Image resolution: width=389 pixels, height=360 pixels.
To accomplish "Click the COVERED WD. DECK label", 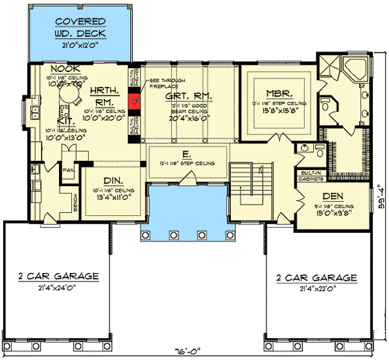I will (80, 27).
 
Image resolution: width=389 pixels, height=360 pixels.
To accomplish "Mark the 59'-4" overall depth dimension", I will (382, 201).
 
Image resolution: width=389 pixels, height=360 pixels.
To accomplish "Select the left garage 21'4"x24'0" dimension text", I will (59, 287).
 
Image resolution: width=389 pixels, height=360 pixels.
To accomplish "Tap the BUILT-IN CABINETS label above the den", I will (312, 176).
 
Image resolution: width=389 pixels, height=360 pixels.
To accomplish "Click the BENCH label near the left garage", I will (76, 204).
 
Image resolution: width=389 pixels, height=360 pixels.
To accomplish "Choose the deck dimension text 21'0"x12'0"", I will (80, 45).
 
